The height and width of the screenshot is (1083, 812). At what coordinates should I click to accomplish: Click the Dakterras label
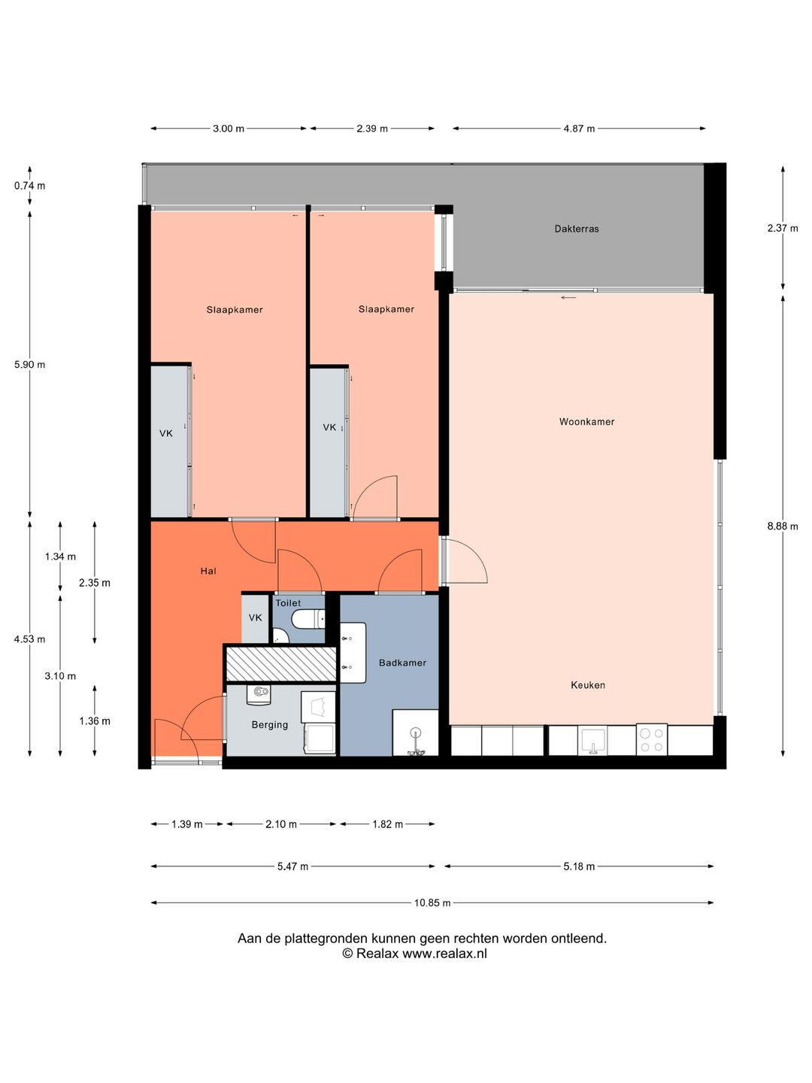[577, 229]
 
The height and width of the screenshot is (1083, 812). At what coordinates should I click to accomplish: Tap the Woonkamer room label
[586, 421]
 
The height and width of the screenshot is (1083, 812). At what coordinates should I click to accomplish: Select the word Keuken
[588, 685]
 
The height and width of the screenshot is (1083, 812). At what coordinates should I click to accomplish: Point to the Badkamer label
[402, 663]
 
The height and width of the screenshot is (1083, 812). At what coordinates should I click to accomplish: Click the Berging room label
[270, 725]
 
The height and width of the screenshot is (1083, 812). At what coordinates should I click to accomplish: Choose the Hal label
[208, 571]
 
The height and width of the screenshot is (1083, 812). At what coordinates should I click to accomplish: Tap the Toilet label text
[288, 603]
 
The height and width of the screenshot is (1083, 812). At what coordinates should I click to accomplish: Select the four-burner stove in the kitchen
[651, 739]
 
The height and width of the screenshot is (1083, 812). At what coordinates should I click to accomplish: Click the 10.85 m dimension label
[432, 903]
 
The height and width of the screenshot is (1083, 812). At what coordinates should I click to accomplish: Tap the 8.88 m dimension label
[783, 526]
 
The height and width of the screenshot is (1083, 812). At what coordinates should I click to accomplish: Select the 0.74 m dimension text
[29, 186]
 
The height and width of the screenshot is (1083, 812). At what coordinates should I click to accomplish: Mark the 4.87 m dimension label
[579, 129]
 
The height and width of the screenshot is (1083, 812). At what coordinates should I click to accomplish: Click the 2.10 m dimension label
[281, 824]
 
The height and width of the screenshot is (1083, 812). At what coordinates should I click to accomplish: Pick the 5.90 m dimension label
[29, 365]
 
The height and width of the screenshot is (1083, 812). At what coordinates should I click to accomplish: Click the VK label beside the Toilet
[256, 617]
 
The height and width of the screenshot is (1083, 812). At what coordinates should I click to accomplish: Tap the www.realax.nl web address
[444, 954]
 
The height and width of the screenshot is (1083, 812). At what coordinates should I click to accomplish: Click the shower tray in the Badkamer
[415, 733]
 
